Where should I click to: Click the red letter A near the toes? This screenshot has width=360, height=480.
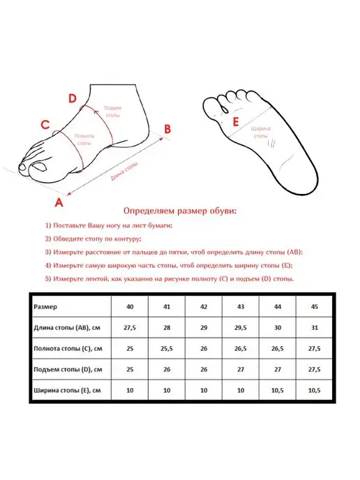(x=59, y=202)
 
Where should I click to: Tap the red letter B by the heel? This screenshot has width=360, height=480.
(x=167, y=129)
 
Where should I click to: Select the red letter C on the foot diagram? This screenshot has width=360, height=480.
(x=45, y=125)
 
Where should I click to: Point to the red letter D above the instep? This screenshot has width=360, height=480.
(x=73, y=98)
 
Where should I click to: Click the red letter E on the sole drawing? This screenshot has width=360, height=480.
(x=235, y=122)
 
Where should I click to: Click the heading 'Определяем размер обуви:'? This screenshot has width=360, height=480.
(x=180, y=211)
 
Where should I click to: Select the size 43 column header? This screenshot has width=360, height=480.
(x=241, y=306)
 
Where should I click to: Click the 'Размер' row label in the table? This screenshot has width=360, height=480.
(x=45, y=307)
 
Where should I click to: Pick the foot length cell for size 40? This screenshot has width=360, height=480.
(x=130, y=327)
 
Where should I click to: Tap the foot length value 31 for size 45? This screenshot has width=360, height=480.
(x=315, y=327)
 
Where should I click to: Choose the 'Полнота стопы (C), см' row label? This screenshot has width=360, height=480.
(x=68, y=349)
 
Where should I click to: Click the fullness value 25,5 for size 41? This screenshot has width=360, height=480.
(x=167, y=349)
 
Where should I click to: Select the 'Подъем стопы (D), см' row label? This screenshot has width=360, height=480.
(x=68, y=370)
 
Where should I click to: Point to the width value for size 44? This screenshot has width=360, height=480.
(x=278, y=390)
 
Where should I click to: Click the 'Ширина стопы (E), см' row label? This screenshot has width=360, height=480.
(x=67, y=390)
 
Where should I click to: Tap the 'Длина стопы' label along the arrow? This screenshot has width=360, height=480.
(x=124, y=172)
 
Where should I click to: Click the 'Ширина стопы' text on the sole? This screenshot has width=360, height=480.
(x=261, y=133)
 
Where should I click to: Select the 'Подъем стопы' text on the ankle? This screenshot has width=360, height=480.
(x=112, y=112)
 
